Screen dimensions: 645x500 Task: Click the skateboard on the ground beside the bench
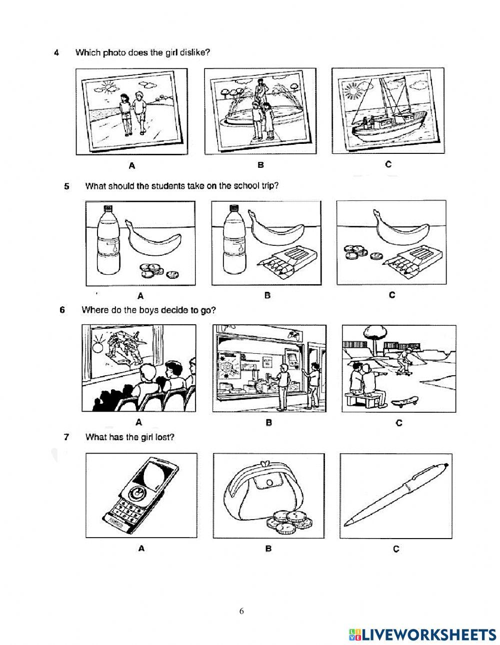pos(405,402)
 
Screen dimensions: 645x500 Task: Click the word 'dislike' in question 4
pos(191,52)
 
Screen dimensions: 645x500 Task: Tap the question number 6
pos(62,310)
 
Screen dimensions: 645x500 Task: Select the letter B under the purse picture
pos(268,549)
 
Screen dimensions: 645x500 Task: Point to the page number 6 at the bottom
pos(241,611)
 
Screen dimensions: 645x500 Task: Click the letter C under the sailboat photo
pos(388,164)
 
